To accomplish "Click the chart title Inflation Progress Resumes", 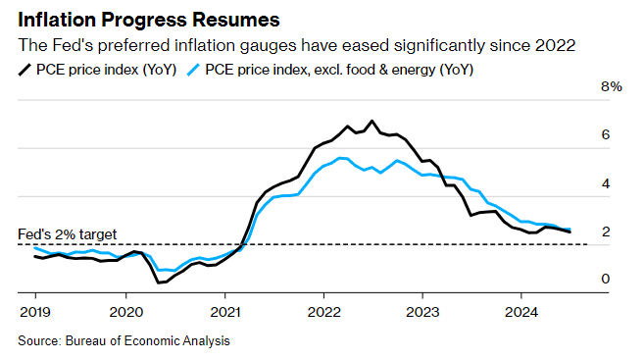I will (146, 20).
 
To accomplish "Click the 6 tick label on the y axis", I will (606, 135).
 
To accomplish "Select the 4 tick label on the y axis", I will (606, 183).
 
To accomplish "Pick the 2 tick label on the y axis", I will (606, 231).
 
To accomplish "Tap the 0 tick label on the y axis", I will (606, 280).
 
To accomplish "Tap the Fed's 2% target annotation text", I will (68, 234).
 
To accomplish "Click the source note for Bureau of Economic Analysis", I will (124, 340).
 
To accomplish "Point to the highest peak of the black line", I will (372, 121).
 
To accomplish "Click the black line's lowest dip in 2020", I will (158, 283).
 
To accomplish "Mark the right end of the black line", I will (570, 231).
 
